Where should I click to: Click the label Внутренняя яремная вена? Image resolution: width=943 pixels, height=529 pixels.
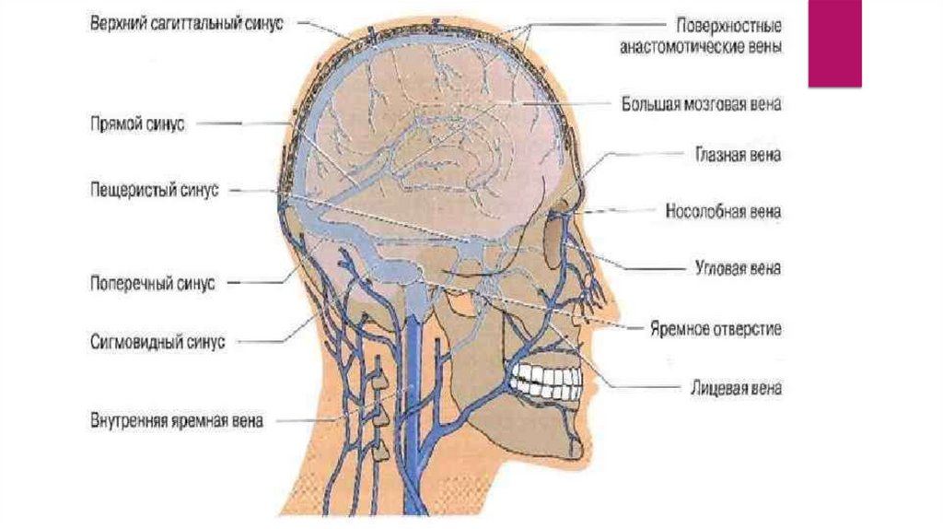[176, 421]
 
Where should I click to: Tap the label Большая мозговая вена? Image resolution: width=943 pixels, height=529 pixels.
[699, 104]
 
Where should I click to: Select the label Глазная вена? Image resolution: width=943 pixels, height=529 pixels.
[737, 156]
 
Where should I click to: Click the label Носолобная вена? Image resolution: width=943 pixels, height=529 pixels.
[723, 212]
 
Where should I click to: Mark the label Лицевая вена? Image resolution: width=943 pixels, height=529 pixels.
[729, 388]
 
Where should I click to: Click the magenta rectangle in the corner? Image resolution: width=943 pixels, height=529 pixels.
[834, 43]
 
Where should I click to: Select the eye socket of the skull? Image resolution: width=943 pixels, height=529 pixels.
[557, 235]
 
